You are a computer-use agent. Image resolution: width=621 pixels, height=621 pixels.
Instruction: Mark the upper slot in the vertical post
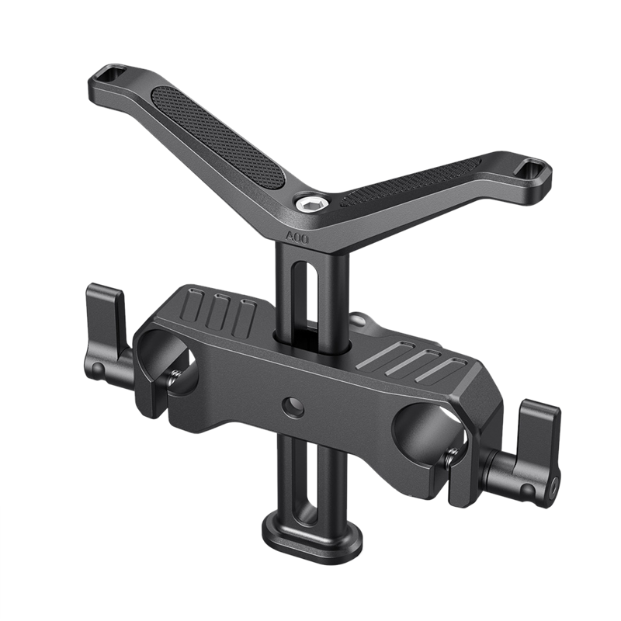coord(311,299)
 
